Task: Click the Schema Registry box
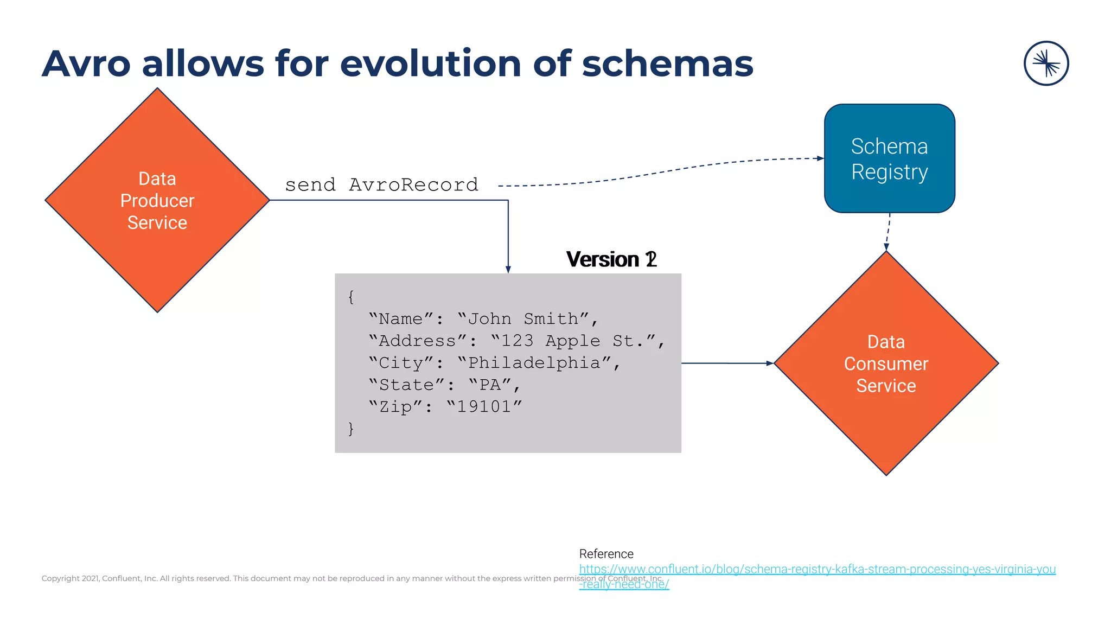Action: [x=889, y=158]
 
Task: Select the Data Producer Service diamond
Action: [x=157, y=200]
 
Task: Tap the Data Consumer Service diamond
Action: [x=886, y=363]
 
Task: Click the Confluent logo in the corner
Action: [x=1046, y=63]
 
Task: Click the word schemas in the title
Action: [x=667, y=64]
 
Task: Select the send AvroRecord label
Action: [x=381, y=185]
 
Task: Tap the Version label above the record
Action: [x=611, y=259]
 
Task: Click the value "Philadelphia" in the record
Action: [x=534, y=363]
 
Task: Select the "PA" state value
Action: [x=490, y=385]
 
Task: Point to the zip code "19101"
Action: [x=484, y=407]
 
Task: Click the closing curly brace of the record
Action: [x=351, y=429]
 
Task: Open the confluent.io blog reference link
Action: [x=817, y=569]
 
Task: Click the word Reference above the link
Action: [x=606, y=554]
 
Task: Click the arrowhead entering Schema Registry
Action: [x=820, y=158]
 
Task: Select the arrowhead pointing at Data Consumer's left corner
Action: [x=769, y=363]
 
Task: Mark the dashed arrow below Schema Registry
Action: [x=887, y=232]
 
